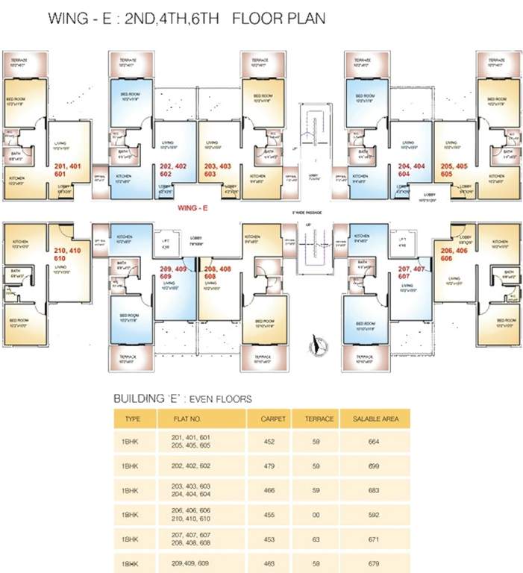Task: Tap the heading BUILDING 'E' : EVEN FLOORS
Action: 183,398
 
